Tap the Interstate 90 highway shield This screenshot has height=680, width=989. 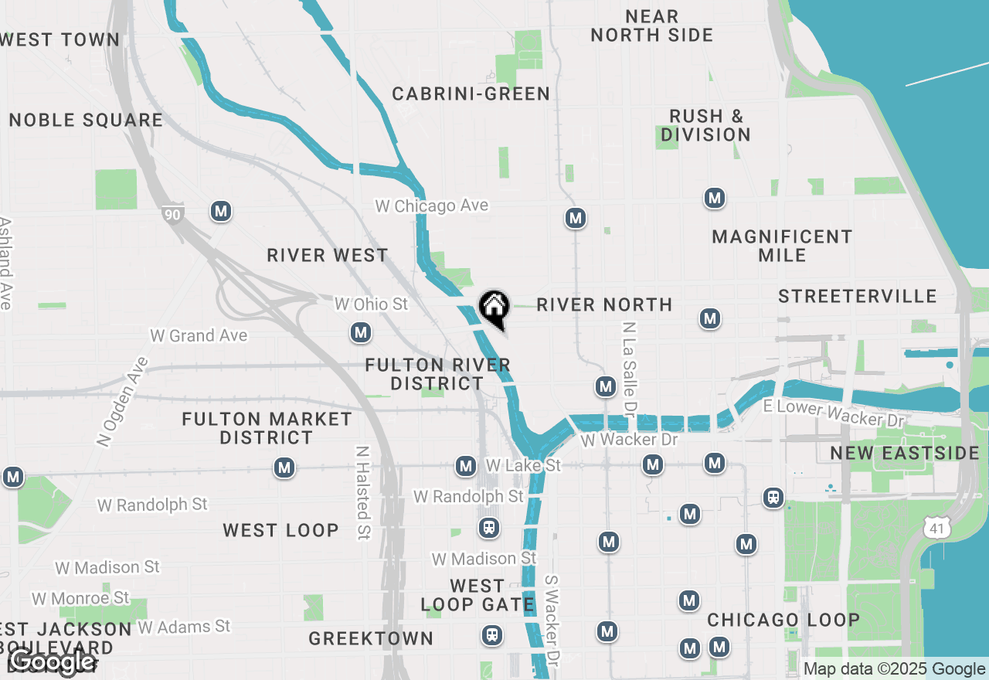(x=172, y=214)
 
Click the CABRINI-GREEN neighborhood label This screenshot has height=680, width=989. (x=471, y=94)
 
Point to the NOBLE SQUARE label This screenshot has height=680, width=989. (x=86, y=120)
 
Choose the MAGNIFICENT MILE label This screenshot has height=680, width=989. (x=782, y=246)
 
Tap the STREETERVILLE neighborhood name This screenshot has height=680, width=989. (x=857, y=296)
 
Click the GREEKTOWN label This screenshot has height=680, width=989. (x=371, y=638)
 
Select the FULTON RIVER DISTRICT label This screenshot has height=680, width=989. (x=437, y=374)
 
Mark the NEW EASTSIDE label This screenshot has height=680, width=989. (x=905, y=453)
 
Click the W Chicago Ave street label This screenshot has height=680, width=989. (x=431, y=206)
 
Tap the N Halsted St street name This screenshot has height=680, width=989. (x=362, y=492)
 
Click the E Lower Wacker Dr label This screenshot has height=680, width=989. (x=833, y=414)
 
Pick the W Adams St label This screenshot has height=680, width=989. (x=184, y=626)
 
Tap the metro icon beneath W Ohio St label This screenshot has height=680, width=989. (x=361, y=333)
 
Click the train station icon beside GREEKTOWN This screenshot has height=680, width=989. (x=491, y=635)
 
